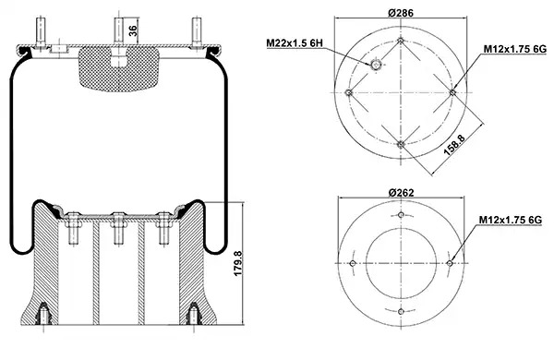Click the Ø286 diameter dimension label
pyautogui.click(x=401, y=13)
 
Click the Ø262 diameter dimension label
pyautogui.click(x=401, y=193)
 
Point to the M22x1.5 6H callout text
pyautogui.click(x=295, y=43)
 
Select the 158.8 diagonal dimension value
pyautogui.click(x=454, y=145)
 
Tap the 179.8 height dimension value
pyautogui.click(x=238, y=264)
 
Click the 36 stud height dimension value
pyautogui.click(x=133, y=30)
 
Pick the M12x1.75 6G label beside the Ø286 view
pyautogui.click(x=515, y=49)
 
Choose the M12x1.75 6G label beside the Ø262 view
pyautogui.click(x=511, y=220)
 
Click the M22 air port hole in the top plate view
pyautogui.click(x=376, y=65)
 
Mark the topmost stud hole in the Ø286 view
pyautogui.click(x=401, y=41)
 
